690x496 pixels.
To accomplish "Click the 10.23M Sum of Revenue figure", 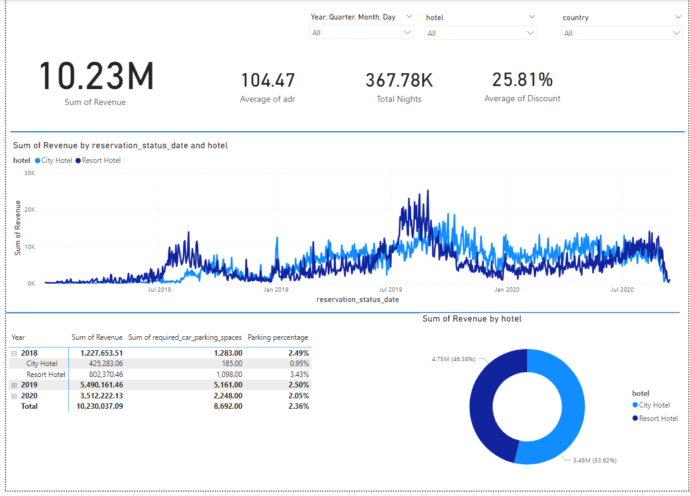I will [96, 77].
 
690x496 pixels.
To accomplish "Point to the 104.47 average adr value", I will [268, 81].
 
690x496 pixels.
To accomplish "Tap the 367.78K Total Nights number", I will [399, 81].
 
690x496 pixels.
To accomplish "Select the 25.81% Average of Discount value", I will [522, 80].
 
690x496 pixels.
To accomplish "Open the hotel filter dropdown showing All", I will [480, 33].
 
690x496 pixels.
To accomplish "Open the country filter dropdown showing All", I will [622, 33].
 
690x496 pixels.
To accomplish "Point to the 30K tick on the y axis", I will [29, 173].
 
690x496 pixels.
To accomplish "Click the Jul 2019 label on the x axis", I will [390, 289].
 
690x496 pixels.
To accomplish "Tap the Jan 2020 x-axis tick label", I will [507, 289].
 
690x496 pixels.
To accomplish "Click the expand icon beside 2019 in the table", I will [14, 386].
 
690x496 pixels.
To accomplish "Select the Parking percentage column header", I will [278, 337].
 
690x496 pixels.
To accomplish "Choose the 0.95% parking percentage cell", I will [299, 364].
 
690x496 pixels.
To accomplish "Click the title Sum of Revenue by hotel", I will [472, 318].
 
